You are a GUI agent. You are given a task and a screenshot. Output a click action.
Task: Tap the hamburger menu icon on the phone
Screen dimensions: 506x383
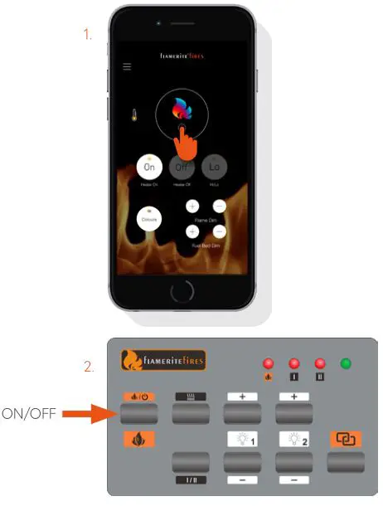[127, 66]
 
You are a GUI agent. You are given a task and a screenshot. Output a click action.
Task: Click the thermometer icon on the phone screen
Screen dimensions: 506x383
[133, 115]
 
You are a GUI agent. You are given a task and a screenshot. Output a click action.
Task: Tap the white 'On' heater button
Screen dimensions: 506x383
[149, 167]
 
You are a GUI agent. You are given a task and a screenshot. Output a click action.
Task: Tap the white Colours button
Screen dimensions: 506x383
[149, 220]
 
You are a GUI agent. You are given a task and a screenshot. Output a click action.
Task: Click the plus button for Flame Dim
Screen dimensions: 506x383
[192, 206]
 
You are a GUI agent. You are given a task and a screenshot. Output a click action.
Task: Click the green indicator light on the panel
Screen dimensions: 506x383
[346, 364]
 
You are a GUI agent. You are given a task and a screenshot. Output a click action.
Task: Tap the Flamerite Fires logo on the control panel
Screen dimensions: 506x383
[163, 361]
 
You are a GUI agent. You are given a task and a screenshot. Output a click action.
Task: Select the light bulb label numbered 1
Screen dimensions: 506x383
[243, 440]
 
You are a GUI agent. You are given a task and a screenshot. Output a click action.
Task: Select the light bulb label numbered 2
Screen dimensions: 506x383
[294, 440]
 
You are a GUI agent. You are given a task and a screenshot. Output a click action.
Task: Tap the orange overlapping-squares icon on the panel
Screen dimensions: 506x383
[344, 438]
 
